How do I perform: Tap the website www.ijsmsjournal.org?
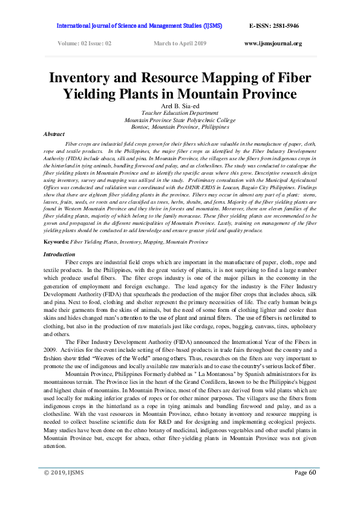tap(273, 44)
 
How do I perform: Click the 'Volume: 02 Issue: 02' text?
tap(84, 44)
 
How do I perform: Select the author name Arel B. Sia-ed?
tap(180, 106)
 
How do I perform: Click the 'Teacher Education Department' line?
tap(180, 113)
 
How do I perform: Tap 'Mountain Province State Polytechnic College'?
tap(180, 120)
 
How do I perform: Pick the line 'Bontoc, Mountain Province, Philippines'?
tap(180, 127)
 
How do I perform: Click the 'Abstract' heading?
tap(55, 134)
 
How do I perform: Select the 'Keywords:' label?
tap(56, 242)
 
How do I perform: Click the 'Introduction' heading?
tap(59, 254)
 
